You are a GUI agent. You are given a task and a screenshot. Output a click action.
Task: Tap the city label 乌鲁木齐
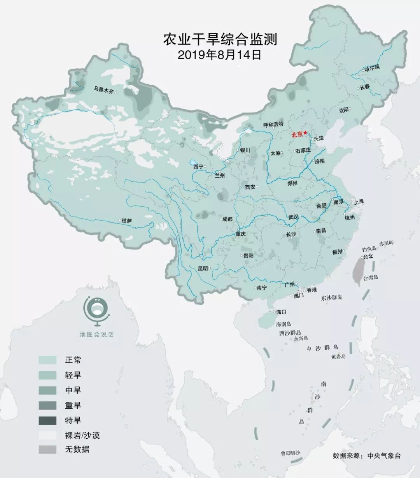click(x=104, y=90)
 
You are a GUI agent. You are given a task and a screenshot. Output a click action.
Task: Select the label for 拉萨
click(x=127, y=220)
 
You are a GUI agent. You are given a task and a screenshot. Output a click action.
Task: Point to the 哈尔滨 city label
click(x=372, y=68)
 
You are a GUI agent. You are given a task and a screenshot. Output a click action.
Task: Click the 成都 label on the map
click(x=227, y=219)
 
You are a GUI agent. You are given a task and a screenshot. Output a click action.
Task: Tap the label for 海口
click(x=281, y=312)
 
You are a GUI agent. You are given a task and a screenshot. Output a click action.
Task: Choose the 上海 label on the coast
click(x=359, y=202)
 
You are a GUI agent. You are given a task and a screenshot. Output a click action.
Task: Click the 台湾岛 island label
click(x=371, y=278)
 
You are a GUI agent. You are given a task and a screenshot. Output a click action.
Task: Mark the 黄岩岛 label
click(x=338, y=356)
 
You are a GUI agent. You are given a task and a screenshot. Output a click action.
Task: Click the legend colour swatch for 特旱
click(x=47, y=420)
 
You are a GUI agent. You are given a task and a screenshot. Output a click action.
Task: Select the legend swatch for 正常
click(x=47, y=360)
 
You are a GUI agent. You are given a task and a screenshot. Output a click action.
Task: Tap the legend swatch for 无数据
click(x=47, y=450)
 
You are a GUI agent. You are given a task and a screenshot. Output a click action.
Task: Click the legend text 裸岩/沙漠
click(x=82, y=435)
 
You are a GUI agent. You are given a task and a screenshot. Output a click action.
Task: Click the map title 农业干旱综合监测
click(x=220, y=40)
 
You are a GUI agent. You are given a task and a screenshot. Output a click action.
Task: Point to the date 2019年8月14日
click(x=220, y=55)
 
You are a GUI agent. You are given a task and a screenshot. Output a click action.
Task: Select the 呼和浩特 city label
click(x=273, y=125)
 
